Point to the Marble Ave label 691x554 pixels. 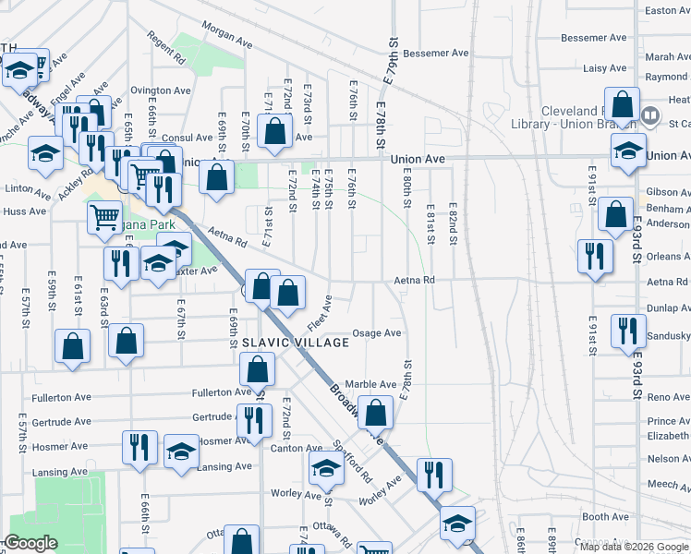pyautogui.click(x=370, y=384)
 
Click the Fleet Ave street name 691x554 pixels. pyautogui.click(x=320, y=314)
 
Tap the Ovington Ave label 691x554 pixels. pyautogui.click(x=160, y=90)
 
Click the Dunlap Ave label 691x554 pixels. pyautogui.click(x=669, y=308)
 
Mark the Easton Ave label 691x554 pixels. pyautogui.click(x=667, y=10)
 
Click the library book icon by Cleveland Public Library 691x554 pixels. pyautogui.click(x=651, y=116)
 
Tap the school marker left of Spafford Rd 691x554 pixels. pyautogui.click(x=325, y=469)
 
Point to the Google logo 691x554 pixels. pyautogui.click(x=30, y=544)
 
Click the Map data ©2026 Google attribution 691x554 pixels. pyautogui.click(x=634, y=547)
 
